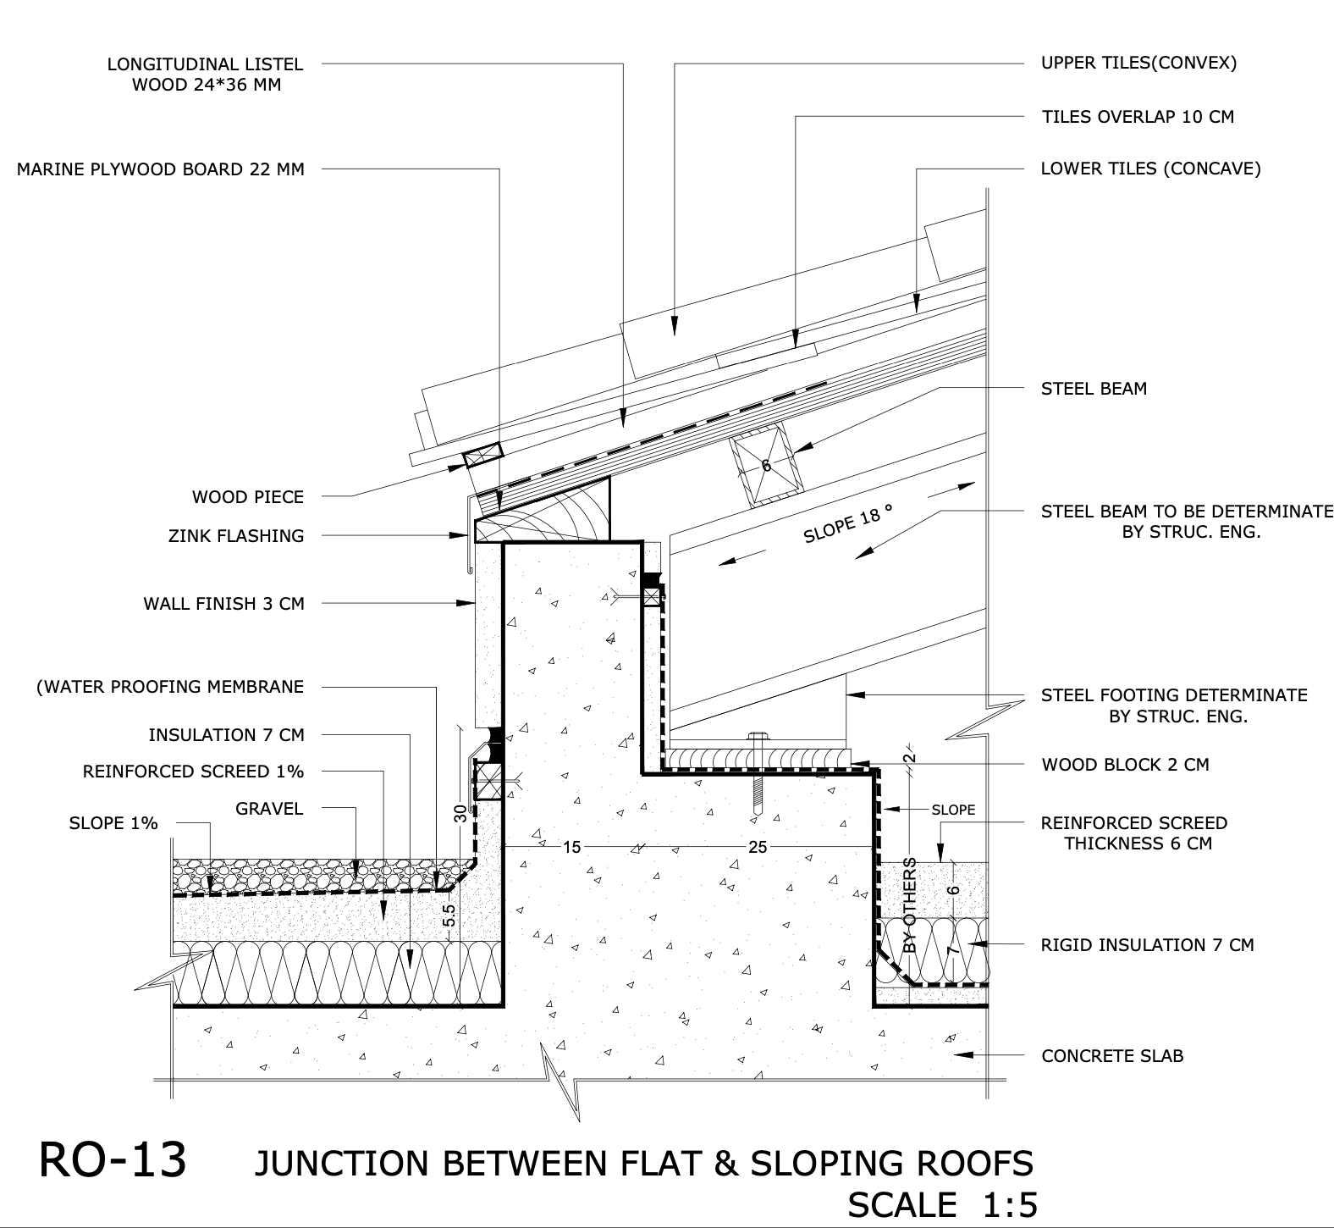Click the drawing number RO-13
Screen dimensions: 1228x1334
[113, 1160]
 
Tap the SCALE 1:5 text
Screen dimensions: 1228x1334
[942, 1204]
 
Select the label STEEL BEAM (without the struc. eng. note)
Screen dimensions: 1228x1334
[1094, 389]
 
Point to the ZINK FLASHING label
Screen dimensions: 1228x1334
[236, 535]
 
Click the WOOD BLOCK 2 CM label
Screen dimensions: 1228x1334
[1125, 765]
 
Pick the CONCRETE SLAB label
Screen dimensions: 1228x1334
[1112, 1056]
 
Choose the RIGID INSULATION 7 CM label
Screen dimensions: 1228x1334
[1147, 944]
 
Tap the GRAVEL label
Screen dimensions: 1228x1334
[269, 809]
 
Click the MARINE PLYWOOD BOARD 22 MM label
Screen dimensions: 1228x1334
[161, 169]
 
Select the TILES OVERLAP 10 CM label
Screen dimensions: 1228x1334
[1138, 117]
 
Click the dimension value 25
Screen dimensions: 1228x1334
[758, 846]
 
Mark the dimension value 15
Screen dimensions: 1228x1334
[572, 846]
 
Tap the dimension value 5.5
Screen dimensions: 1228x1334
[449, 915]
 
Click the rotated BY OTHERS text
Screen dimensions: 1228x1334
[911, 905]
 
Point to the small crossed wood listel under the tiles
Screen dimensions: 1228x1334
[482, 456]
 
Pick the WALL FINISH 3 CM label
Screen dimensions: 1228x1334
[223, 604]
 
